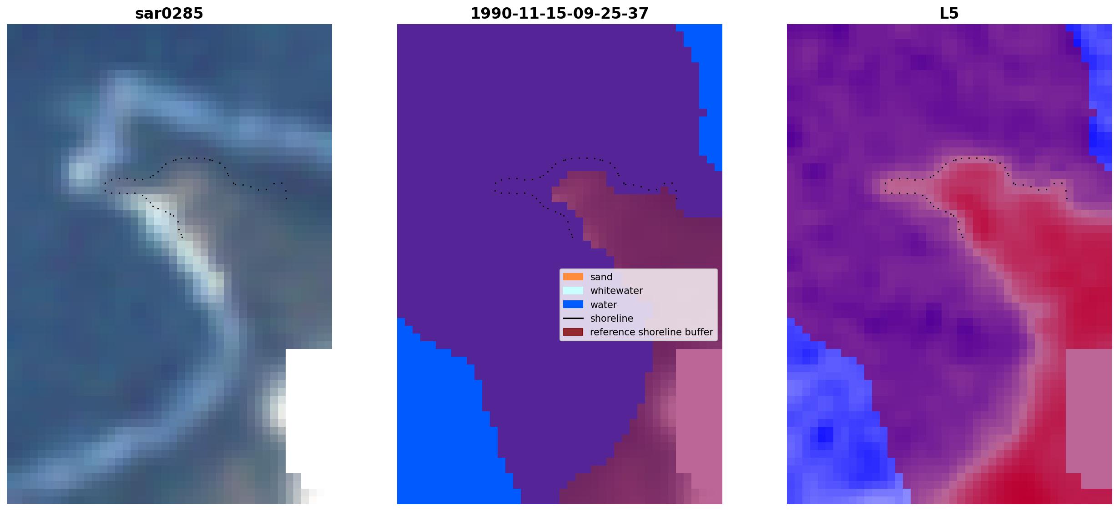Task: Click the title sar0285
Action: click(x=169, y=13)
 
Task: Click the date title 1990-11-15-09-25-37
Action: click(x=559, y=13)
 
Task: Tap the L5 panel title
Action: click(x=949, y=13)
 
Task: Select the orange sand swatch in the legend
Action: click(x=573, y=277)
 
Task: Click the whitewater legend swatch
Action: click(x=573, y=290)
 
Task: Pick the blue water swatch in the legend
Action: click(x=573, y=304)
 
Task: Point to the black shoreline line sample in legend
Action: click(x=573, y=319)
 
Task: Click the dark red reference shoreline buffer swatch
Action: click(x=573, y=332)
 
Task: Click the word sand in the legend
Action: click(x=601, y=277)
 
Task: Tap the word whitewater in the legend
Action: click(x=616, y=291)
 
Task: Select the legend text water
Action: click(x=604, y=305)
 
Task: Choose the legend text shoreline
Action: click(x=612, y=319)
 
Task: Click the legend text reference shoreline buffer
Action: click(x=651, y=332)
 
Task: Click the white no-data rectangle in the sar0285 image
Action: click(x=309, y=411)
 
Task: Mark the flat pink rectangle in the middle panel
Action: click(x=699, y=411)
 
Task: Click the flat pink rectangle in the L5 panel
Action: click(x=1089, y=411)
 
